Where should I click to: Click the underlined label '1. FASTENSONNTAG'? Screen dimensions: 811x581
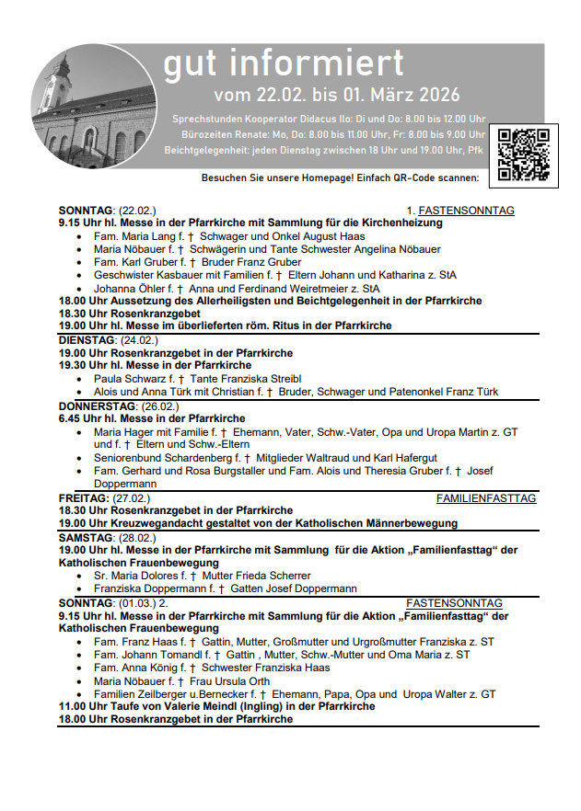(460, 211)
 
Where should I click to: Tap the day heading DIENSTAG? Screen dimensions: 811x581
(87, 339)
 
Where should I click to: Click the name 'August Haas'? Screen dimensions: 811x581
(336, 236)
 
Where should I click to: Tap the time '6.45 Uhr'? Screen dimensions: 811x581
(78, 418)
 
